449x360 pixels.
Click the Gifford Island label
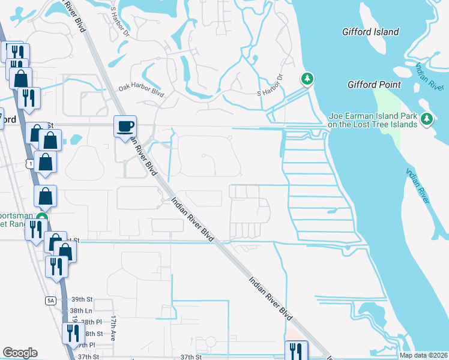click(x=370, y=31)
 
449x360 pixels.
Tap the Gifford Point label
click(x=374, y=85)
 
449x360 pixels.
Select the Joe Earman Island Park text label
click(x=372, y=120)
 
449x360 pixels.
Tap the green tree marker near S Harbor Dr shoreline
click(x=307, y=79)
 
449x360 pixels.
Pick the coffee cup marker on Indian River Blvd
click(x=125, y=127)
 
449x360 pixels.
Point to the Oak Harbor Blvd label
click(x=141, y=91)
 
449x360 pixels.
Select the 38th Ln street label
click(x=80, y=311)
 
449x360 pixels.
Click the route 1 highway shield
click(x=29, y=163)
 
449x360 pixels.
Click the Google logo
click(x=20, y=353)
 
